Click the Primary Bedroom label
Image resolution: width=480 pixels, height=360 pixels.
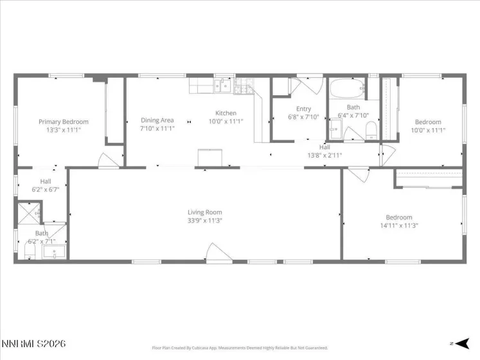point(64,122)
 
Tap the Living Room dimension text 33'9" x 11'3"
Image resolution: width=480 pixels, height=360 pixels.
point(205,221)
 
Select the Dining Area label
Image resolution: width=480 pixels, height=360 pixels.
point(157,120)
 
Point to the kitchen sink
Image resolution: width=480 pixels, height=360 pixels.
point(221,85)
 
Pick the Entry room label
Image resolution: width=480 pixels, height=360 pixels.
point(303,109)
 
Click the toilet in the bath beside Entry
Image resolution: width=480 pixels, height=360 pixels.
point(370,131)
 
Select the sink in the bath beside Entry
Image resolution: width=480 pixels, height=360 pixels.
point(335,130)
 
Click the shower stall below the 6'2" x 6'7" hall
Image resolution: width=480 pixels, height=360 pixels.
point(29,212)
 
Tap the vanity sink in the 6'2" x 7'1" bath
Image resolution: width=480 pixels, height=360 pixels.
point(52,251)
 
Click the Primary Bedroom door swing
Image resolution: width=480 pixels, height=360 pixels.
point(107,161)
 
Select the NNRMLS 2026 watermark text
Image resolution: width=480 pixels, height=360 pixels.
point(33,345)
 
